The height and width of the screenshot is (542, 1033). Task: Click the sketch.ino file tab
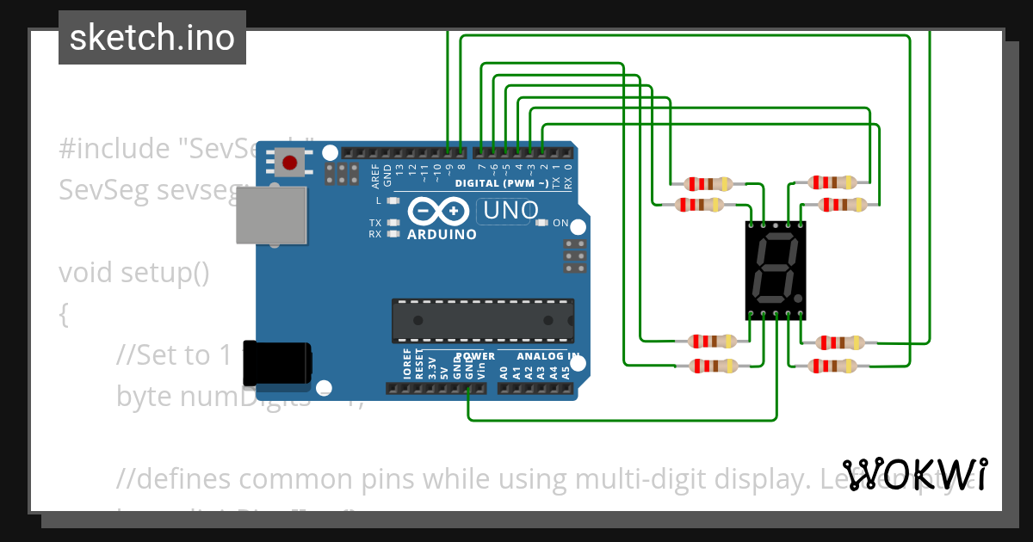[152, 38]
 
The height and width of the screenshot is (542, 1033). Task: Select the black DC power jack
[277, 363]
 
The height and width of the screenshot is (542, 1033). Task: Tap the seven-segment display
[775, 268]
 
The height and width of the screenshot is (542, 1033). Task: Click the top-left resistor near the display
[708, 183]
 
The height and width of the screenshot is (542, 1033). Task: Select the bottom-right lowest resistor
[834, 366]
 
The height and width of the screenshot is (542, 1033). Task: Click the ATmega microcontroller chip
[482, 319]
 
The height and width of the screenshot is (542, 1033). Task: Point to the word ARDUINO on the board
[442, 235]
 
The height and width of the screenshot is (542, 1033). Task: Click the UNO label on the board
[510, 210]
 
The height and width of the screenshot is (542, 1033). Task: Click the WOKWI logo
[915, 475]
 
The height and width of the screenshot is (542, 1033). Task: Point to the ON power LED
[541, 223]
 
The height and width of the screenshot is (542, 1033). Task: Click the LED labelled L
[394, 200]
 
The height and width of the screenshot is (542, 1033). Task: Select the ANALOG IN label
[548, 356]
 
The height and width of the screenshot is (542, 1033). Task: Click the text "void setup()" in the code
[133, 273]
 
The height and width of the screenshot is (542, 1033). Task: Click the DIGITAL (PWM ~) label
[501, 184]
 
